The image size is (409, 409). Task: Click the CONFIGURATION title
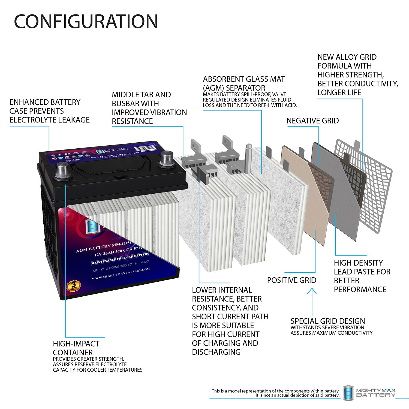point(86,22)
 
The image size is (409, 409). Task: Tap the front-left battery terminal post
point(63,170)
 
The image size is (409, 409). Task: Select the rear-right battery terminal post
point(167,158)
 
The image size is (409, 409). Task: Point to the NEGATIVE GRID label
point(312,121)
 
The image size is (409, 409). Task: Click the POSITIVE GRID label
point(291,280)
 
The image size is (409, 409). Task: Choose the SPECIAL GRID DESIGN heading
point(327,321)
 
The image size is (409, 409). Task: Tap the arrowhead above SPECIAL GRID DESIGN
point(312,292)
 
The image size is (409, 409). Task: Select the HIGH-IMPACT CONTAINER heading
point(76,348)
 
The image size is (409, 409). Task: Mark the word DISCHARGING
point(216,352)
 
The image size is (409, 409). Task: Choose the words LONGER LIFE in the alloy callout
point(339,93)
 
